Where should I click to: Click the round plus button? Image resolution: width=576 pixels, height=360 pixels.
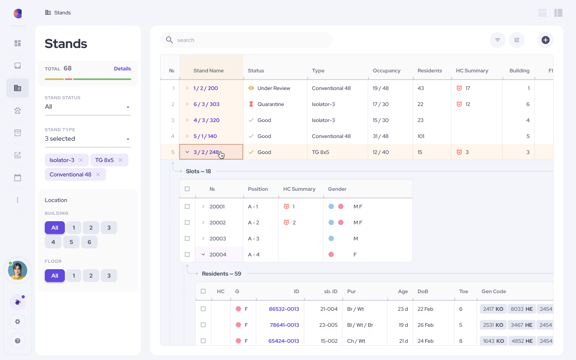click(x=545, y=40)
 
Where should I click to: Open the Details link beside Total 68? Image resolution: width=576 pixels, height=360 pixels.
click(x=122, y=69)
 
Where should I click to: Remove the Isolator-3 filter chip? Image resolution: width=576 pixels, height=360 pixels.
click(x=81, y=160)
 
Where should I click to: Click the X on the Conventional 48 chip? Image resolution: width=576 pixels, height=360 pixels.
click(x=98, y=174)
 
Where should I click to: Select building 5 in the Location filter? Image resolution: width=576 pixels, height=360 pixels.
click(x=71, y=242)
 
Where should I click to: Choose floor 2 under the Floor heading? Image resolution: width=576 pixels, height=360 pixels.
click(x=91, y=276)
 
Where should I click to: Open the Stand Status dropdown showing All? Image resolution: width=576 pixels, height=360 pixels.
click(x=88, y=107)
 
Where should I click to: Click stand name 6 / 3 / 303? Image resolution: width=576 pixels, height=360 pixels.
click(x=206, y=104)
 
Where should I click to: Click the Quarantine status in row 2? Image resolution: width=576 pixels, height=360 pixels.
click(x=270, y=104)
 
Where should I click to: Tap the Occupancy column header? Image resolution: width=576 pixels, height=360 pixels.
click(x=386, y=71)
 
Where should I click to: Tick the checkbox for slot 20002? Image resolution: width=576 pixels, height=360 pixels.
click(x=187, y=222)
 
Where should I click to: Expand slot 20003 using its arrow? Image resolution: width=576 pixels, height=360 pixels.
click(x=203, y=238)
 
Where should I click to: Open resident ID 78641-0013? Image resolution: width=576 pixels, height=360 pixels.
click(x=284, y=325)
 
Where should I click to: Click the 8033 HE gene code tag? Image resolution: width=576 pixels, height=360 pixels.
click(x=522, y=309)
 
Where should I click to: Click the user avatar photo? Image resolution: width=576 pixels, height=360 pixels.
click(x=18, y=270)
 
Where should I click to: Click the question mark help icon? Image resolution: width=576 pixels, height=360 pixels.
click(x=18, y=341)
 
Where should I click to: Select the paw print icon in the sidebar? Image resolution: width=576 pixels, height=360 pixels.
click(x=18, y=110)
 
